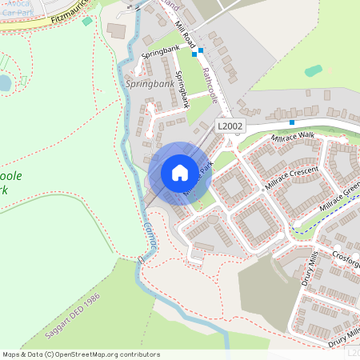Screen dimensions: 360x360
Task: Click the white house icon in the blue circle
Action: (180, 172)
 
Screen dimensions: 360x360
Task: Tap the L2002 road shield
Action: (230, 126)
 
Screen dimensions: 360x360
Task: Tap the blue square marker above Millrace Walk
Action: (292, 122)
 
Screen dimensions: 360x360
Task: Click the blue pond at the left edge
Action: (5, 82)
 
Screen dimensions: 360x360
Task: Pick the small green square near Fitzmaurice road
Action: (87, 20)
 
